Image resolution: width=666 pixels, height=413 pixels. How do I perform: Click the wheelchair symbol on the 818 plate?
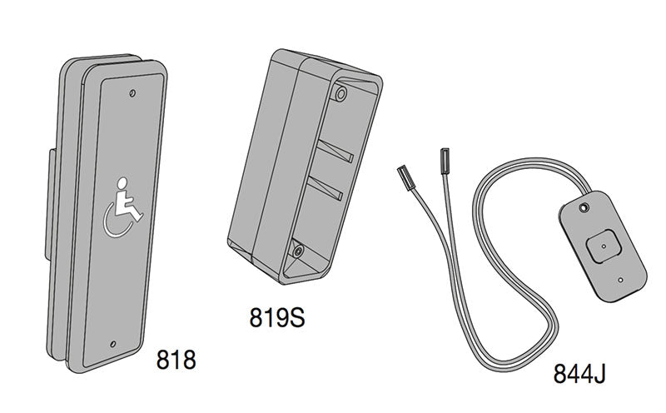pyautogui.click(x=120, y=208)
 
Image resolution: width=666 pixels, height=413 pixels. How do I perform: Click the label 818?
pyautogui.click(x=176, y=361)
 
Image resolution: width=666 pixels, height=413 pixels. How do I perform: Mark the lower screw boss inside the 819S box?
pyautogui.click(x=297, y=248)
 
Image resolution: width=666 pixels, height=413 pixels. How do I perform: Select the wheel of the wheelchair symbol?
pyautogui.click(x=116, y=221)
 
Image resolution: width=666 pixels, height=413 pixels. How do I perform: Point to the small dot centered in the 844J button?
pyautogui.click(x=600, y=246)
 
